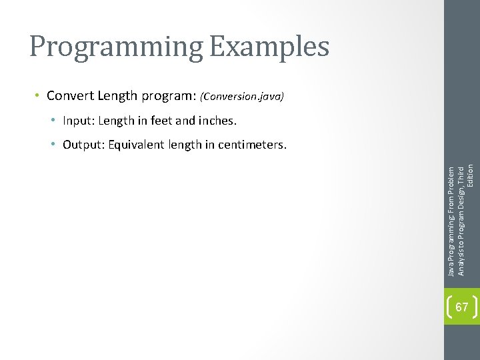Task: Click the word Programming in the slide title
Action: coord(113,47)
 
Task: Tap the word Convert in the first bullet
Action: coord(70,96)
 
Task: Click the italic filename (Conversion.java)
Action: coord(242,97)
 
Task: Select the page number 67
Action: coord(461,307)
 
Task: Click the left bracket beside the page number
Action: coord(449,307)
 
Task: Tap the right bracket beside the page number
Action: coord(474,307)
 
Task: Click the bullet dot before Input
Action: coord(53,121)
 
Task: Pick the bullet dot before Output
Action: coord(53,145)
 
